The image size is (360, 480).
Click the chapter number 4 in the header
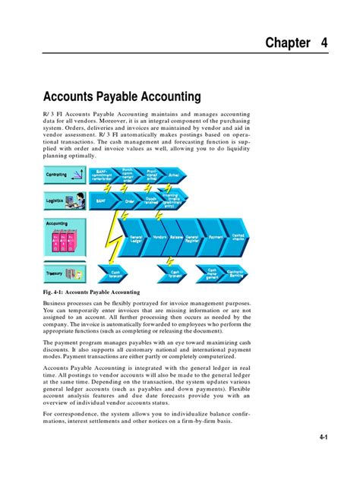click(x=324, y=43)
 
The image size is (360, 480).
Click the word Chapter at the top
click(x=288, y=43)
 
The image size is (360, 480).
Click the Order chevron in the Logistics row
click(x=129, y=201)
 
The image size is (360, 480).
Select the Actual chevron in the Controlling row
click(x=173, y=174)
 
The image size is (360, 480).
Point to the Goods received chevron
click(x=151, y=201)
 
